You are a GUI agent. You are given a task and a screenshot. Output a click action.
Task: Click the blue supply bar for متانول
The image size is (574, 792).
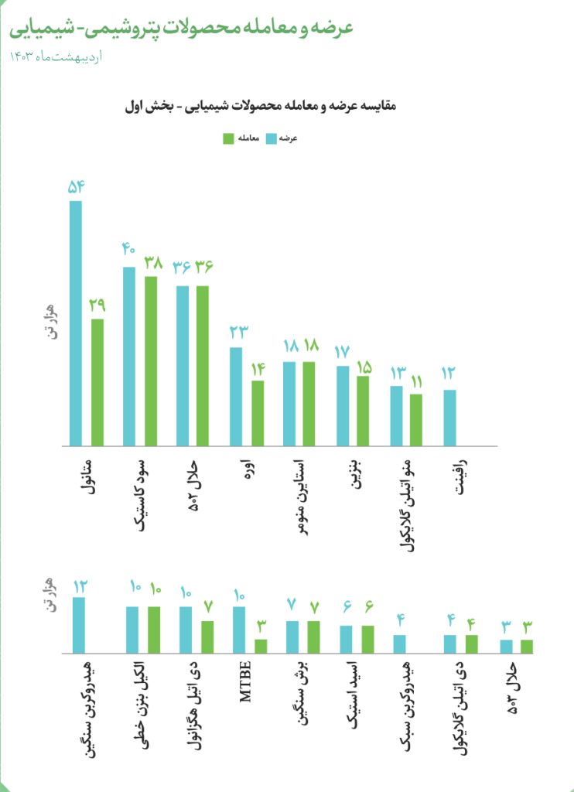(75, 323)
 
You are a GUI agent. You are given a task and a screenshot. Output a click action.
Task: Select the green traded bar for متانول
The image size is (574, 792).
(97, 382)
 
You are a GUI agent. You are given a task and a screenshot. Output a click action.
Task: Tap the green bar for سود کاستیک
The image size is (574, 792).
(151, 361)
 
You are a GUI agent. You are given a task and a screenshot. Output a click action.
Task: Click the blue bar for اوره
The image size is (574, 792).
(236, 397)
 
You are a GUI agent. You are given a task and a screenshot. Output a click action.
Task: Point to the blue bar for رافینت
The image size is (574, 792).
(449, 418)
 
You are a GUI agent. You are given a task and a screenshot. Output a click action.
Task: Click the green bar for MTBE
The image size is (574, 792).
(261, 647)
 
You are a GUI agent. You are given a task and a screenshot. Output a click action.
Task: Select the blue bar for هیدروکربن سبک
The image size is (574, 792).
(400, 644)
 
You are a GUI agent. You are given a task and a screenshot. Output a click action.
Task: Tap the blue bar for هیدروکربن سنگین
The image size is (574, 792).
(79, 625)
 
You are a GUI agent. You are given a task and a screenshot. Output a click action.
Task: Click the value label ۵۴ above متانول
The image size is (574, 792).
(76, 188)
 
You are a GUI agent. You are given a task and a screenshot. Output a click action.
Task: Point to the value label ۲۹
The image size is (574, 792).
(97, 305)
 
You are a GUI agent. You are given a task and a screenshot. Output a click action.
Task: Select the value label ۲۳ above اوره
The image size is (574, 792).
(239, 333)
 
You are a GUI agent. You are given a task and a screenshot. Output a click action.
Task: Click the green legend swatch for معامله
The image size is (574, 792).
(228, 139)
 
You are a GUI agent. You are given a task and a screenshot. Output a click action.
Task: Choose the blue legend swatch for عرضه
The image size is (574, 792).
(272, 139)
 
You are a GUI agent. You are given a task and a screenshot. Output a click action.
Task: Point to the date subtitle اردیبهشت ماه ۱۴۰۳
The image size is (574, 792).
(56, 56)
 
